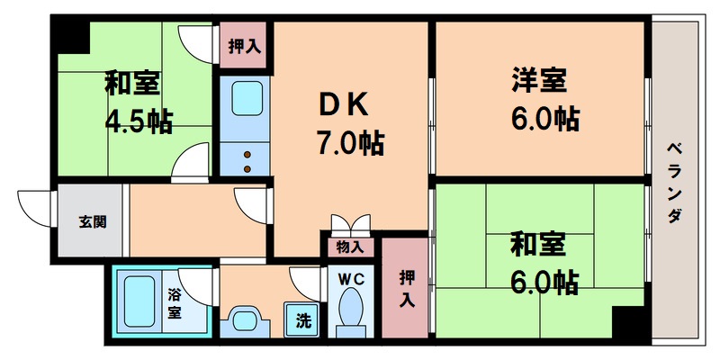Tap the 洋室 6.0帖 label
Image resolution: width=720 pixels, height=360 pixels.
pyautogui.click(x=540, y=99)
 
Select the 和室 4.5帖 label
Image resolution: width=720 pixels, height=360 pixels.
pyautogui.click(x=137, y=102)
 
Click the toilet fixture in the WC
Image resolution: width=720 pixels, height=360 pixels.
pyautogui.click(x=349, y=311)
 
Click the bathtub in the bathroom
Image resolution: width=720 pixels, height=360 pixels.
pyautogui.click(x=140, y=301)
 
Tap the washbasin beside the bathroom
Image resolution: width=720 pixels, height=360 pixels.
pyautogui.click(x=244, y=319)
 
